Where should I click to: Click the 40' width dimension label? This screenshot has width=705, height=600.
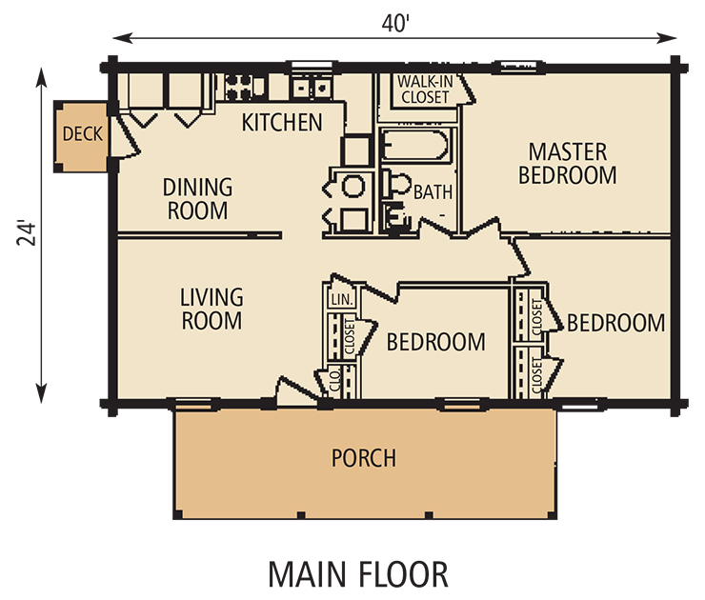395,24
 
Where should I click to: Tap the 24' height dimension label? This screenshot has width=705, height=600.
27,232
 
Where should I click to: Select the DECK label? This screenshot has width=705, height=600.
82,134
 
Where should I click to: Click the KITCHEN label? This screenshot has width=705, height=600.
282,122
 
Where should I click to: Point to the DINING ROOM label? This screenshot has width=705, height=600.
198,199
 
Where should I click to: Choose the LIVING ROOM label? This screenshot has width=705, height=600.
211,309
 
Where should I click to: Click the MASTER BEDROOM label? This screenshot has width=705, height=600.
568,163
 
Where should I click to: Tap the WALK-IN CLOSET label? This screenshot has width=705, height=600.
425,90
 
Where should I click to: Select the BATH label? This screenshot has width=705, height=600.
433,192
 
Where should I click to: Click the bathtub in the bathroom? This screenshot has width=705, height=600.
415,145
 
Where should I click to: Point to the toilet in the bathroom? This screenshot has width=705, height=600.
396,184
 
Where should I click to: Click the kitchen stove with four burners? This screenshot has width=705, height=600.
238,87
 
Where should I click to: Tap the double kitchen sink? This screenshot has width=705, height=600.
312,87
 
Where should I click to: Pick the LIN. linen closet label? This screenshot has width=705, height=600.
343,299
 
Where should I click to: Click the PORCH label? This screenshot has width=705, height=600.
364,458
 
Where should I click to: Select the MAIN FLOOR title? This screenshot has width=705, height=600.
358,574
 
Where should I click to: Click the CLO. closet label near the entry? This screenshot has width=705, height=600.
336,380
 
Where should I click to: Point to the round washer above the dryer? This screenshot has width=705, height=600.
352,187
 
